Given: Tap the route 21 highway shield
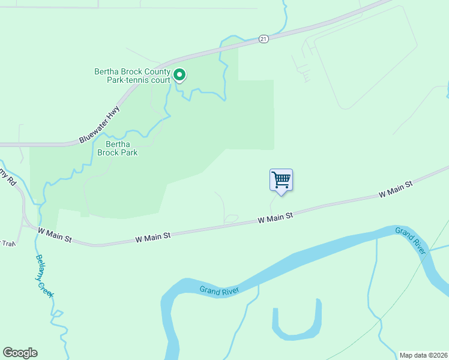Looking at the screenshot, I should pyautogui.click(x=264, y=39).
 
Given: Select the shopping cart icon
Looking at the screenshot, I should pyautogui.click(x=281, y=180).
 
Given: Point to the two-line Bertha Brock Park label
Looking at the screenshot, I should pyautogui.click(x=122, y=148).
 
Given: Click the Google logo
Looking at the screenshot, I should pyautogui.click(x=20, y=353).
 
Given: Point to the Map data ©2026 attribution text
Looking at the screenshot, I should pyautogui.click(x=423, y=355).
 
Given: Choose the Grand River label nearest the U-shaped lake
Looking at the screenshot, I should pyautogui.click(x=219, y=290).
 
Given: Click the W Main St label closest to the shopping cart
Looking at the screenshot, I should pyautogui.click(x=275, y=217).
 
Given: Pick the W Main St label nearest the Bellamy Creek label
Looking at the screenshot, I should pyautogui.click(x=55, y=234).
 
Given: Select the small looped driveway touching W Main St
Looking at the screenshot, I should pyautogui.click(x=231, y=218).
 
